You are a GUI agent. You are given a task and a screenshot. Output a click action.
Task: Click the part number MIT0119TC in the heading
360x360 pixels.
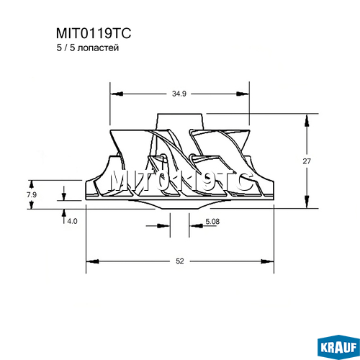(x=94, y=33)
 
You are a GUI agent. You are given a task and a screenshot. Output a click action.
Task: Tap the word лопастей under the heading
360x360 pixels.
(x=99, y=48)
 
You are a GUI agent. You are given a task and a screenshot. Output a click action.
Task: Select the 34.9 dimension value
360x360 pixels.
(x=179, y=94)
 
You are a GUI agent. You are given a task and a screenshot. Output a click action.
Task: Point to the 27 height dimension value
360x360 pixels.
(x=307, y=161)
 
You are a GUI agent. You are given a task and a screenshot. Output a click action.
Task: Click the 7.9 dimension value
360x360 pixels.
(x=32, y=194)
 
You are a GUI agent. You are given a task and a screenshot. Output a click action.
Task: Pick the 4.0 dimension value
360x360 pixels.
(x=72, y=221)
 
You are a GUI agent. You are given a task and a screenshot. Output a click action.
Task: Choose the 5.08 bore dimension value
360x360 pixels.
(x=212, y=221)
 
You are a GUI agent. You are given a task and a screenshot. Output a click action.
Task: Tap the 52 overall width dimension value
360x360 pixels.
(x=180, y=261)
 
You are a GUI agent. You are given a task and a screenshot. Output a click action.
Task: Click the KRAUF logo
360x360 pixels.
(x=338, y=347)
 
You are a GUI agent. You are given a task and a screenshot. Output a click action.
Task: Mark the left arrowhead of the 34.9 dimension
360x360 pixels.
(x=117, y=94)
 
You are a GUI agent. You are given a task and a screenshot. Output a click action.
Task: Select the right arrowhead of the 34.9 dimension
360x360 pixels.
(x=243, y=94)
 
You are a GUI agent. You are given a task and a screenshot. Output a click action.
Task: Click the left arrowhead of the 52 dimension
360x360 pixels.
(x=93, y=261)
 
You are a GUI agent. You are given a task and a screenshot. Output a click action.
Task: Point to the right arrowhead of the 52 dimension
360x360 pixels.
(x=267, y=261)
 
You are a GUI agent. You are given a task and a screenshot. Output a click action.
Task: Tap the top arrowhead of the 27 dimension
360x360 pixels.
(x=307, y=120)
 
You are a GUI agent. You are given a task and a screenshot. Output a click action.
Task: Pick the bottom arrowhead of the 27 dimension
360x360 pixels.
(x=307, y=202)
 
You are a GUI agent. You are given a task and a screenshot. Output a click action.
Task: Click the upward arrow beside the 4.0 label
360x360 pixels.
(x=64, y=217)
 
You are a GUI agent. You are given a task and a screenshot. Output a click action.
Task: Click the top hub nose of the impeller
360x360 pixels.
(x=180, y=122)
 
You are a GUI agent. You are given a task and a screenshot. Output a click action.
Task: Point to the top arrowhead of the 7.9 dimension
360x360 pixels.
(x=32, y=184)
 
